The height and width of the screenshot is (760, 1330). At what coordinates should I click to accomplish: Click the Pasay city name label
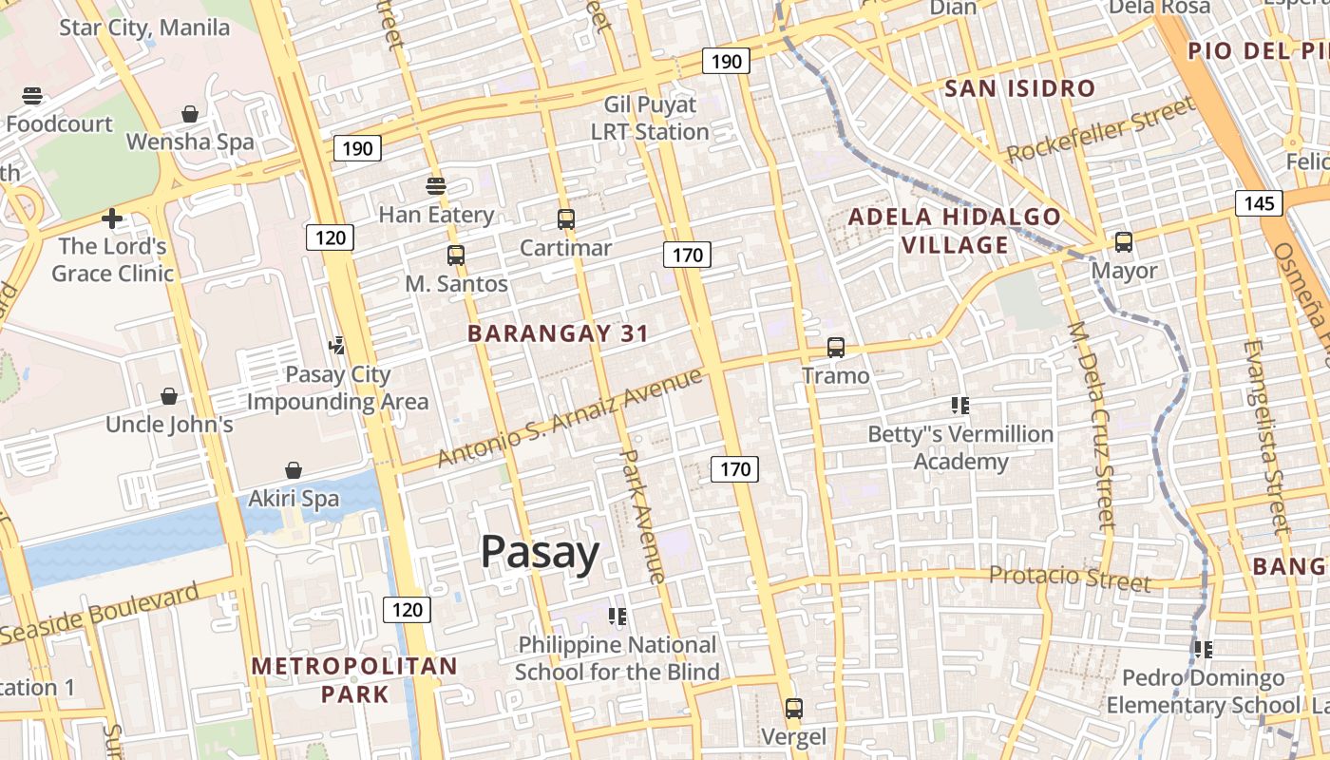[540, 552]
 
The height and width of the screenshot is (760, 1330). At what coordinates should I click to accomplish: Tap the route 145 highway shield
[1259, 203]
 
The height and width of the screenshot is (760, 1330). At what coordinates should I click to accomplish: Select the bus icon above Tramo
[836, 348]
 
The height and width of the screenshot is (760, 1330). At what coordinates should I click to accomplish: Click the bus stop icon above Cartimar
[566, 220]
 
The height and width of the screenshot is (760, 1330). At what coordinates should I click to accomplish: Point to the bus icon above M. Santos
[456, 256]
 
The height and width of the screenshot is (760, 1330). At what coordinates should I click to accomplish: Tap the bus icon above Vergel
[794, 709]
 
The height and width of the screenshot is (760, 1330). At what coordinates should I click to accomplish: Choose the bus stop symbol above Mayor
[1124, 242]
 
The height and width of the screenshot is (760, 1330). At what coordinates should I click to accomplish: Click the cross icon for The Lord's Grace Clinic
[112, 219]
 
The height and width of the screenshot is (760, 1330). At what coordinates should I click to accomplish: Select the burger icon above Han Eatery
[436, 186]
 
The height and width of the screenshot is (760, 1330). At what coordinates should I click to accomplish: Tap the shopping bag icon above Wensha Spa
[190, 114]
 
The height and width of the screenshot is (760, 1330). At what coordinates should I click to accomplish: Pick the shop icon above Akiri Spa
[294, 470]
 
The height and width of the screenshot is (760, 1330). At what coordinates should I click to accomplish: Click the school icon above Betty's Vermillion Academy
[959, 406]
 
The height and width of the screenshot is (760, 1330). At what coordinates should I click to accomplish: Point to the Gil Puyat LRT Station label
[651, 118]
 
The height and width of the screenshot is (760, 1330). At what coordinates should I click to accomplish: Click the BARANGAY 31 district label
[559, 333]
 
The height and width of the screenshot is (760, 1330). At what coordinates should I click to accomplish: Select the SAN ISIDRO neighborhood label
[1020, 89]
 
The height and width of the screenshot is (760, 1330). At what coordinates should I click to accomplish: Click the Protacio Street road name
[1070, 577]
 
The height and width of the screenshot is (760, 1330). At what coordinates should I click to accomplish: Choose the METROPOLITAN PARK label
[354, 680]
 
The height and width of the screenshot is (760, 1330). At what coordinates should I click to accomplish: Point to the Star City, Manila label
[144, 28]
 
